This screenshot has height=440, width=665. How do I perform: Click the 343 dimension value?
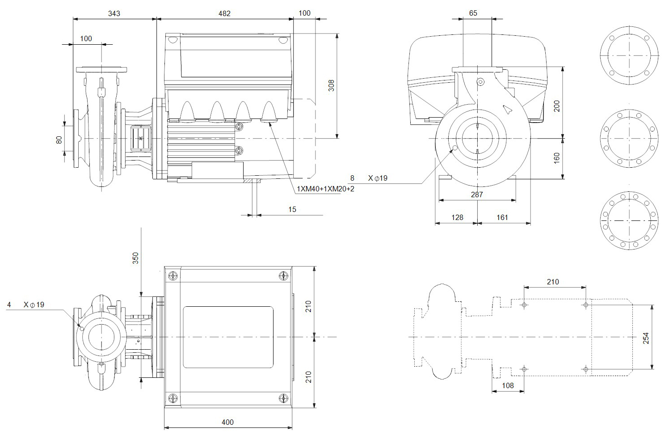click(x=114, y=13)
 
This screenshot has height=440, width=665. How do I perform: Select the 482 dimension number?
click(x=224, y=13)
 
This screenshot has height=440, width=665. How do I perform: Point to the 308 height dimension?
click(x=331, y=85)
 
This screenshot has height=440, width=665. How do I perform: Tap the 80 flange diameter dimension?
click(x=59, y=140)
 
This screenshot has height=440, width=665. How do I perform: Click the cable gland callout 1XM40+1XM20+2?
click(x=325, y=189)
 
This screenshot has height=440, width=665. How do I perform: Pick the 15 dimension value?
click(x=292, y=209)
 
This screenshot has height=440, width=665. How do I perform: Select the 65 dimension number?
click(x=473, y=13)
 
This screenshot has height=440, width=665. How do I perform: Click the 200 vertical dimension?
click(x=557, y=106)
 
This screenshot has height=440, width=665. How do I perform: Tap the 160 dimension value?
click(x=557, y=157)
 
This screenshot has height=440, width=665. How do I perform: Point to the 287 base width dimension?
click(x=477, y=195)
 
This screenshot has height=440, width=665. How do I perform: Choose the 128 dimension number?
click(x=457, y=217)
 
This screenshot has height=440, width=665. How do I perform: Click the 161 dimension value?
click(x=502, y=217)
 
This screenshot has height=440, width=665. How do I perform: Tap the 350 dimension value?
click(x=135, y=258)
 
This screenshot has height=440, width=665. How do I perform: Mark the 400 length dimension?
click(x=227, y=422)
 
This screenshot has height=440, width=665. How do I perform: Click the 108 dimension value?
click(x=508, y=385)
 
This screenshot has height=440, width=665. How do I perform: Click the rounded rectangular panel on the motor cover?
click(x=228, y=337)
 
